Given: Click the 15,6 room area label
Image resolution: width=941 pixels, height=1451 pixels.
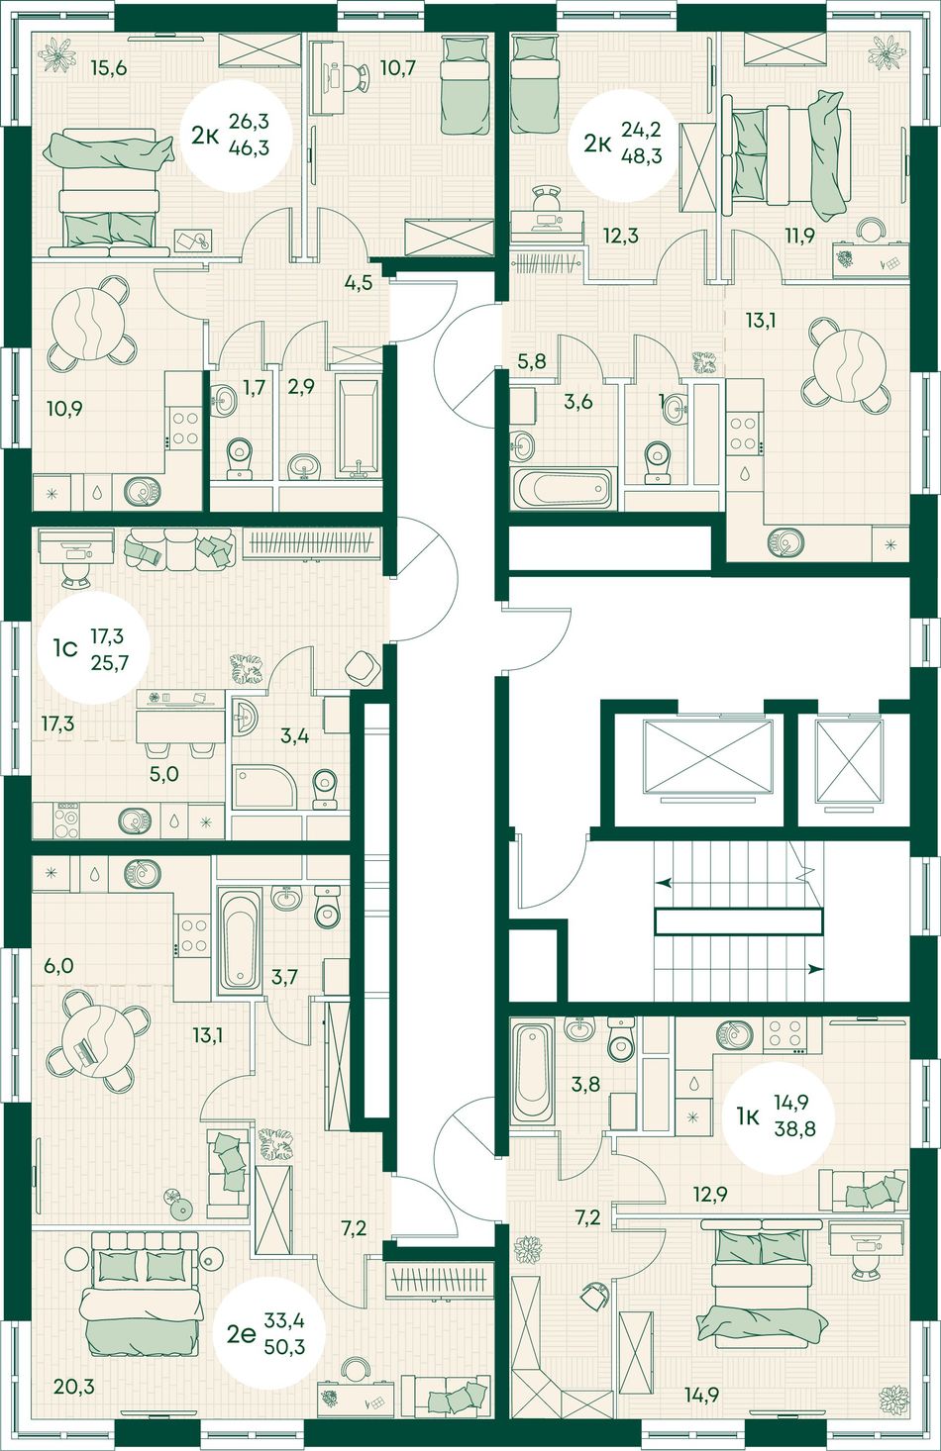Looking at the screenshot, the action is pyautogui.click(x=109, y=68).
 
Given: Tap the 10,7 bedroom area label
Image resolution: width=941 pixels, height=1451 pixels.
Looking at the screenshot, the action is pyautogui.click(x=398, y=66).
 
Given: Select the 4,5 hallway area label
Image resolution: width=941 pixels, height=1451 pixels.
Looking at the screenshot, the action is pyautogui.click(x=358, y=283).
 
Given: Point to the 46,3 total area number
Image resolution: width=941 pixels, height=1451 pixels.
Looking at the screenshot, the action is pyautogui.click(x=249, y=149).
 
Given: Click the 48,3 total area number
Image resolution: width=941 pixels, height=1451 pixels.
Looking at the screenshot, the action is pyautogui.click(x=642, y=156).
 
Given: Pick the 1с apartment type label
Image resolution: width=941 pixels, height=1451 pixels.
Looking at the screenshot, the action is pyautogui.click(x=66, y=647).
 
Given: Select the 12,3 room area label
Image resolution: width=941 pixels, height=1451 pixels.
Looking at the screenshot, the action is pyautogui.click(x=621, y=236).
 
